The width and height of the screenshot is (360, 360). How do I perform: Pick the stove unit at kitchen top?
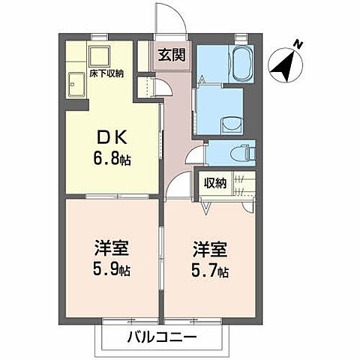point(98,56)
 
